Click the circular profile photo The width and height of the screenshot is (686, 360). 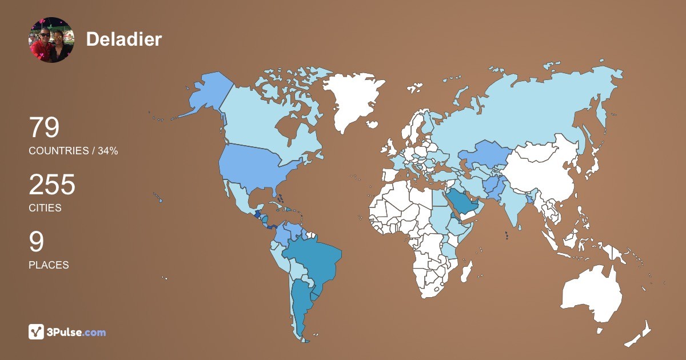[51, 40]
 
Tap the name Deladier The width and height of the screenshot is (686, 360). [124, 39]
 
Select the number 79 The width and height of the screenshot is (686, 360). [44, 127]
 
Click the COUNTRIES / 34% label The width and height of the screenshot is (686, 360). [73, 151]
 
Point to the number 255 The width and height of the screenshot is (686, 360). [52, 185]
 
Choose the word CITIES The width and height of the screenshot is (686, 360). [45, 208]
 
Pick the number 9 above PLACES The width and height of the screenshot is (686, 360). [37, 242]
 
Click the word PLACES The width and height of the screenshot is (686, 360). [49, 265]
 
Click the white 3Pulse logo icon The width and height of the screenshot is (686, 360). [37, 332]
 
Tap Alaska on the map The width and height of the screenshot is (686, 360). [209, 94]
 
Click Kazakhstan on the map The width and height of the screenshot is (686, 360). [483, 154]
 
